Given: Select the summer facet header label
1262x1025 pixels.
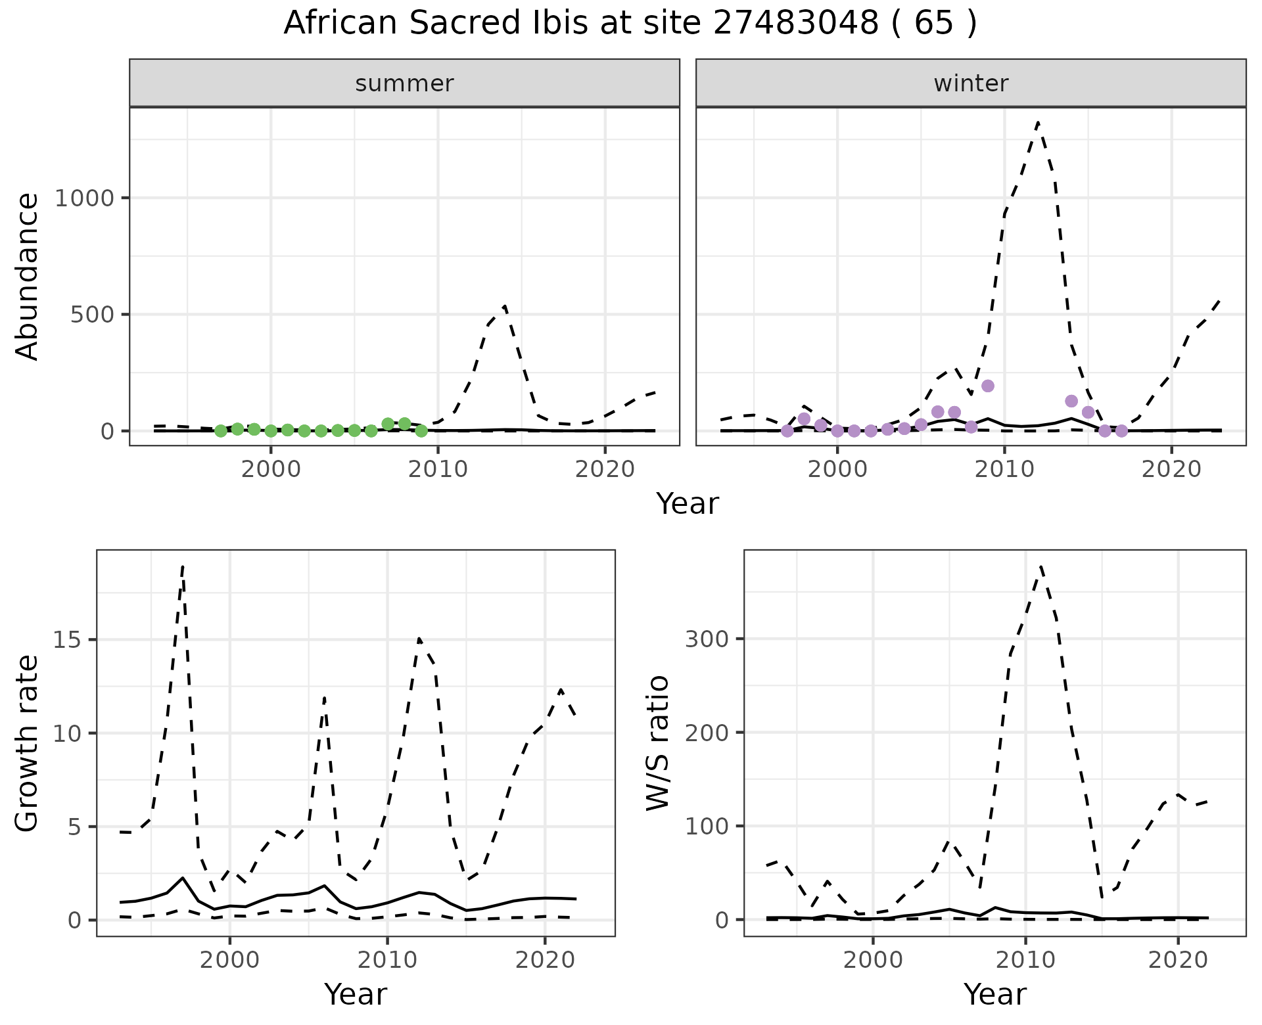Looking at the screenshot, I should (x=404, y=83).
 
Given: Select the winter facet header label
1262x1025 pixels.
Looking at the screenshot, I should (x=971, y=83).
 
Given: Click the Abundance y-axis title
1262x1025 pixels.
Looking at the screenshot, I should (x=28, y=276).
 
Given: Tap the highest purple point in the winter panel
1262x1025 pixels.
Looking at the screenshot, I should (x=987, y=386).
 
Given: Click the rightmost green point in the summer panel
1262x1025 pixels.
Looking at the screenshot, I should (x=421, y=431).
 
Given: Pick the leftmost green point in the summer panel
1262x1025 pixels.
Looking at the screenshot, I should (x=221, y=431).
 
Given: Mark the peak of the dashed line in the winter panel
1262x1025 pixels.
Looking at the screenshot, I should (x=1038, y=122).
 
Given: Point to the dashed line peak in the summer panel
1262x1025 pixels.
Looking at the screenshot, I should (x=504, y=306).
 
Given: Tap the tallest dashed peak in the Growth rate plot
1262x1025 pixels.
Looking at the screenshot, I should (x=183, y=566).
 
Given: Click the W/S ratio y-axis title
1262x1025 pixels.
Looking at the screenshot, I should (x=658, y=742).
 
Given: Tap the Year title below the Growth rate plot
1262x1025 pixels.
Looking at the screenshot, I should (x=356, y=994).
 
